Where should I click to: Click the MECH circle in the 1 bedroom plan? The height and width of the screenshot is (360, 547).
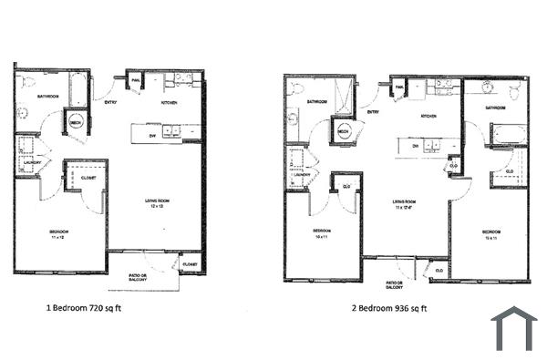coord(77,122)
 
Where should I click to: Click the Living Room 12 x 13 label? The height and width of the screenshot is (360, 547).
coord(154,204)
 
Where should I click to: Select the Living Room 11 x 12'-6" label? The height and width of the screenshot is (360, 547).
coord(404,204)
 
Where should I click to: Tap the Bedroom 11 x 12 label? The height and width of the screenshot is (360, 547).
coord(59,235)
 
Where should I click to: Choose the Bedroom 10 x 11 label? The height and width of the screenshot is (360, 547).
coord(320,233)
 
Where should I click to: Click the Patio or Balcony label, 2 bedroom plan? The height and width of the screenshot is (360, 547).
coord(394,284)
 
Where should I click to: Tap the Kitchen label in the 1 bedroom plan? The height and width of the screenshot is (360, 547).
coord(169,103)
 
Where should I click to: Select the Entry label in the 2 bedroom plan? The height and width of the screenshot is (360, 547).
coord(373,111)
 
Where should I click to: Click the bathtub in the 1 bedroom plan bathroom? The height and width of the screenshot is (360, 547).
coord(78,91)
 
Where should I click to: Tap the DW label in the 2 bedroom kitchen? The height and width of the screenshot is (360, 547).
coord(415,146)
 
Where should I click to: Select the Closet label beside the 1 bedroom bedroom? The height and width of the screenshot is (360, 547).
coord(88,179)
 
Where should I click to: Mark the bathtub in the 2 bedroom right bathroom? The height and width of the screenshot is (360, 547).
coord(509,135)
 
